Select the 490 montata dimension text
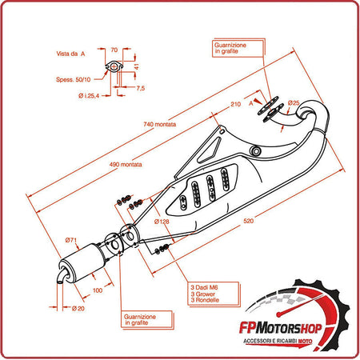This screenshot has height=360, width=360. [123, 164]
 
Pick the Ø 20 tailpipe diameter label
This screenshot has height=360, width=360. [77, 307]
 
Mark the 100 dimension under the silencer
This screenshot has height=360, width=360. [98, 290]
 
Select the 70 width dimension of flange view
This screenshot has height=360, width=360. [114, 49]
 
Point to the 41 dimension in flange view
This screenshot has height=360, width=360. [137, 67]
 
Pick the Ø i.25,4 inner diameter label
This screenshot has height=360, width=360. [90, 96]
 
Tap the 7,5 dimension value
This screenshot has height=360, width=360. [140, 87]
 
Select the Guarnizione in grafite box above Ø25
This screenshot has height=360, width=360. [233, 50]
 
